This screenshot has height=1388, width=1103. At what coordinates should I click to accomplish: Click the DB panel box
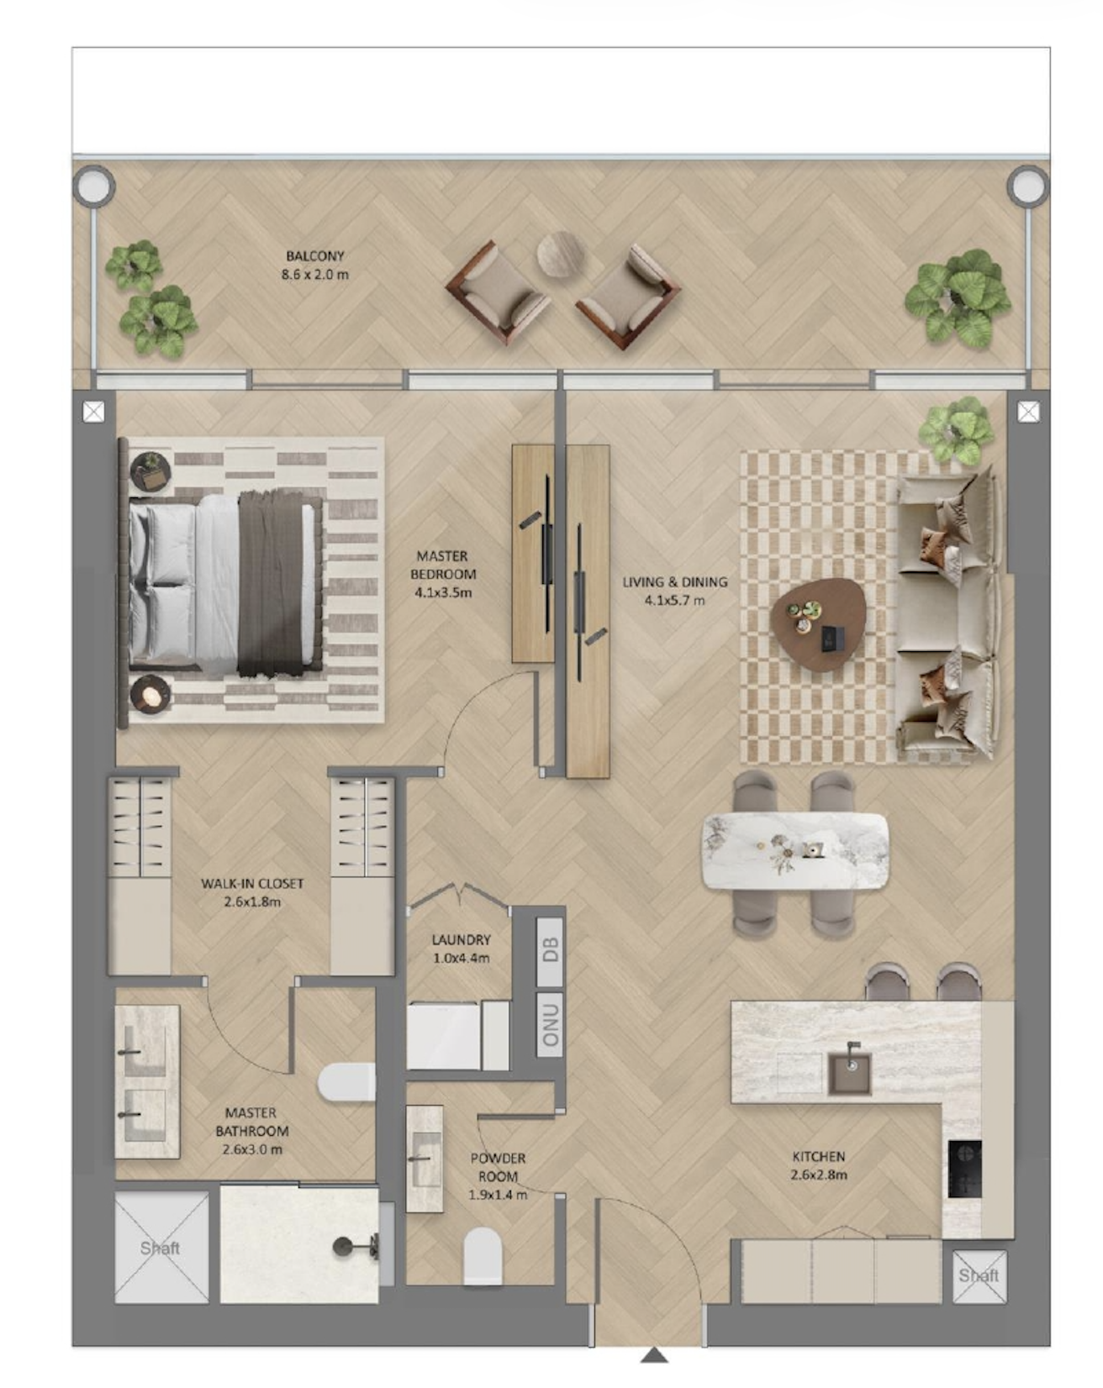pos(550,949)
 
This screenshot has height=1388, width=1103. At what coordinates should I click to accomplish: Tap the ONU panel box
pos(550,1024)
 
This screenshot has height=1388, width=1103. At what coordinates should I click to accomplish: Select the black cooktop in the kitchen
pos(964,1168)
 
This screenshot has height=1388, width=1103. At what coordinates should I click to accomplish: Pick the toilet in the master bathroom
pos(346,1081)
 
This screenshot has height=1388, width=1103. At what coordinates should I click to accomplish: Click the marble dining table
pos(795,850)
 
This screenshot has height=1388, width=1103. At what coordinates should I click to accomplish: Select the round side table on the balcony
pos(560,255)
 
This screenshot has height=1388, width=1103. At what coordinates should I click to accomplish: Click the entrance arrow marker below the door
pos(654,1354)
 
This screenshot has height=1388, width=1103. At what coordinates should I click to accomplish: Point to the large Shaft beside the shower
pos(161,1248)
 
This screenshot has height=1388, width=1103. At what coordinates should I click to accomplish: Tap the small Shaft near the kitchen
pos(979,1276)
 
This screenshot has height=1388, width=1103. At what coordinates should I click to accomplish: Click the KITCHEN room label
pos(819,1165)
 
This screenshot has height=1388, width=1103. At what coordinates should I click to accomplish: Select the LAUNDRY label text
pos(461,949)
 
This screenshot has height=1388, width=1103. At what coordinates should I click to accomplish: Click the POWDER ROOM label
pos(498,1175)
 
